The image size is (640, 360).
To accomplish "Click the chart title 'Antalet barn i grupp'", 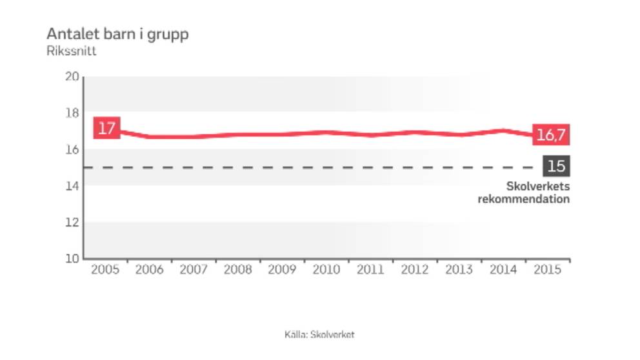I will tap(117, 34).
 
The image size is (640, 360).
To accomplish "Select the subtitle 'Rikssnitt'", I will tap(71, 52).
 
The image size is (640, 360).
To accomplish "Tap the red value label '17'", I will tap(106, 128).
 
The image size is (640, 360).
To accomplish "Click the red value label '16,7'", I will tap(552, 135).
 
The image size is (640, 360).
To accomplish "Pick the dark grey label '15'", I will tap(556, 166).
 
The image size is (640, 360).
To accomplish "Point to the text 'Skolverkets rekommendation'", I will tap(524, 193).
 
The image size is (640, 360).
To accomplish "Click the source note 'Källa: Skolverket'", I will tap(319, 335).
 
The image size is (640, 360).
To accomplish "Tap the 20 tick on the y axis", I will tap(72, 77).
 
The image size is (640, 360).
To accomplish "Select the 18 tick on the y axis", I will tap(72, 114).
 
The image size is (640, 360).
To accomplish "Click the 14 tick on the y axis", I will tap(72, 186).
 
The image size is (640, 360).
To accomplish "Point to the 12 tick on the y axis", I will tap(72, 223).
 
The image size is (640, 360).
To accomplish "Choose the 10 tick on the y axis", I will tap(72, 259).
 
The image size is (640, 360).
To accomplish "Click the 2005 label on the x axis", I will tap(105, 270).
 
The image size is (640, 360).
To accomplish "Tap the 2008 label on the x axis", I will tap(237, 270).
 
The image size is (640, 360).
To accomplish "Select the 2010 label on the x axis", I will tap(326, 270).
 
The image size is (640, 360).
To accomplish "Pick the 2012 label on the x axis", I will tap(415, 270).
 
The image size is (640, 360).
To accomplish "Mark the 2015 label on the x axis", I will tap(548, 270).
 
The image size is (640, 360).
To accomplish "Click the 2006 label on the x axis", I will tap(149, 270).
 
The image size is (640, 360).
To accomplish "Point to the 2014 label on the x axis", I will tap(503, 270).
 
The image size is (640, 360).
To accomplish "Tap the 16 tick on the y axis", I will tap(72, 150).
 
